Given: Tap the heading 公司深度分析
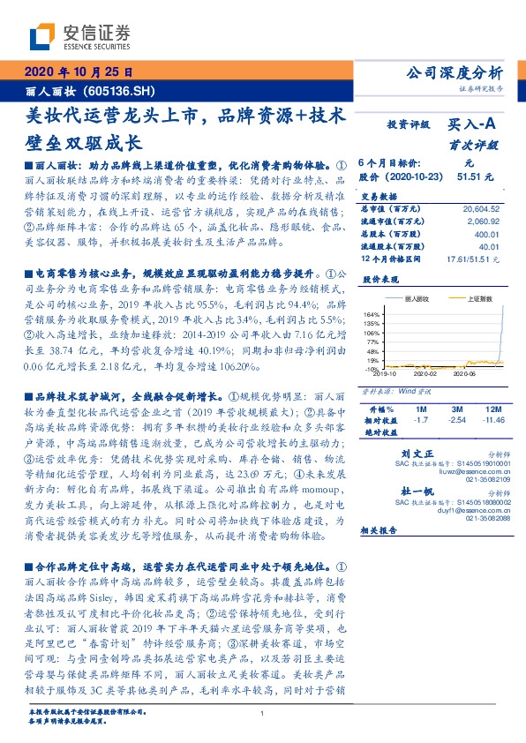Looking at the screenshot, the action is tap(453, 72).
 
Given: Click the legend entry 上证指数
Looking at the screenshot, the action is tap(479, 299).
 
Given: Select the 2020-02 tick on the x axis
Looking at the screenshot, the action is tap(427, 373).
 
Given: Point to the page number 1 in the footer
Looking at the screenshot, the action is tap(263, 713).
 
